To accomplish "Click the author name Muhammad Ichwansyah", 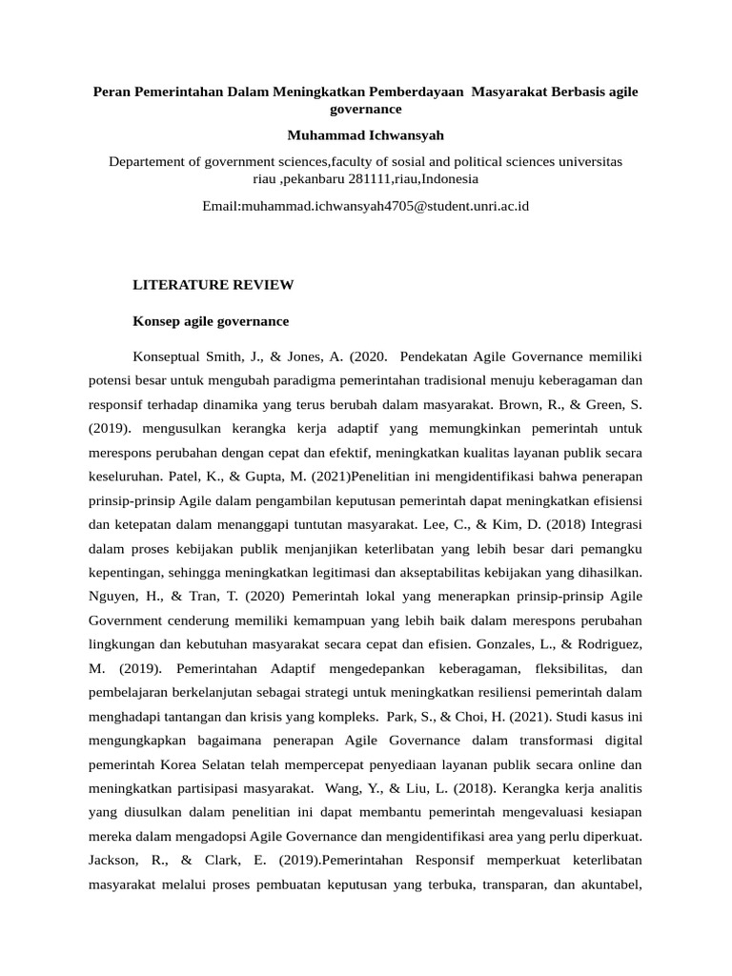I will pyautogui.click(x=365, y=135).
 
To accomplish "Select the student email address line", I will pyautogui.click(x=365, y=205).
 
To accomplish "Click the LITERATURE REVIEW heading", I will pyautogui.click(x=212, y=285).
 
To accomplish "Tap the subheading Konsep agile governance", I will pyautogui.click(x=209, y=321).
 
